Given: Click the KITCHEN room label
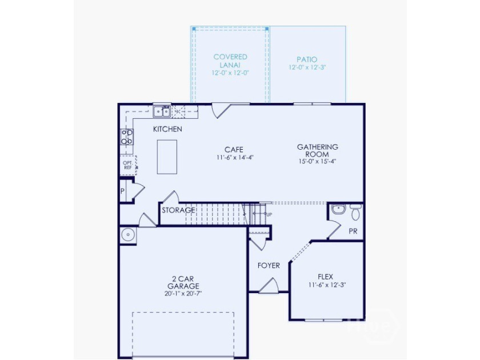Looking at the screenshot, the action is click(x=167, y=129).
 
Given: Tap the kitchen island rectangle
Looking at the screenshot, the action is click(x=167, y=157).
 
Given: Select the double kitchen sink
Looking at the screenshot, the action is click(x=162, y=112).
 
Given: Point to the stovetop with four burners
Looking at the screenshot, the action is click(x=127, y=137).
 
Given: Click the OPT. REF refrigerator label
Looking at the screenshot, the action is click(x=128, y=165).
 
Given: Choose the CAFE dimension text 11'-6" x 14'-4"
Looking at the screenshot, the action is click(x=235, y=158).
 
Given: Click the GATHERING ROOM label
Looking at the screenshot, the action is click(x=318, y=151).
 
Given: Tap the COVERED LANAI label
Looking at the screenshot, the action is click(x=230, y=61).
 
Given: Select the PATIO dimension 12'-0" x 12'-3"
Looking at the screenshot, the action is click(x=307, y=67).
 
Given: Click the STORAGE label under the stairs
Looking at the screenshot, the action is click(x=178, y=210).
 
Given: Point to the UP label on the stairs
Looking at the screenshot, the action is click(x=269, y=215).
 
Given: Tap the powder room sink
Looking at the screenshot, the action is click(x=338, y=209).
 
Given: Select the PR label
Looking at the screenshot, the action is click(x=353, y=231).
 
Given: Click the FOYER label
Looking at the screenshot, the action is click(x=269, y=266).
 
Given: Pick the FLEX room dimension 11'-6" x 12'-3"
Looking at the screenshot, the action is click(x=327, y=285).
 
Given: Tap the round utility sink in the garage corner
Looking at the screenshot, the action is click(x=128, y=235).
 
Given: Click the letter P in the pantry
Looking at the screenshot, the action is click(x=122, y=191).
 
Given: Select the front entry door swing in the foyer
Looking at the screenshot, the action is click(x=269, y=285).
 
